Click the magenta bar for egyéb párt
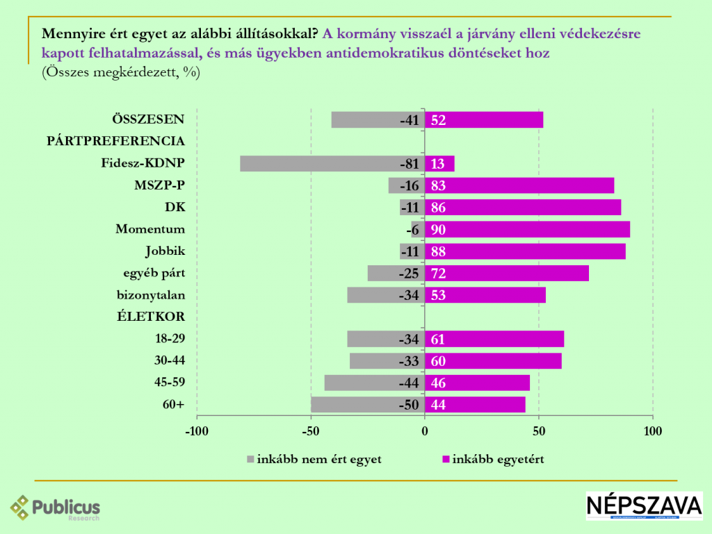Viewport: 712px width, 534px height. click(507, 273)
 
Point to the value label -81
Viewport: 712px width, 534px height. click(409, 164)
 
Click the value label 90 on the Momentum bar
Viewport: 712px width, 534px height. click(438, 230)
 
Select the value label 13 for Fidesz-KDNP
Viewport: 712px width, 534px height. click(438, 164)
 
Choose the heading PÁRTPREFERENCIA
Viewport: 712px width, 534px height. click(115, 141)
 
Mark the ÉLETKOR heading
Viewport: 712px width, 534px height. click(150, 317)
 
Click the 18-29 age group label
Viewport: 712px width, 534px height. click(170, 338)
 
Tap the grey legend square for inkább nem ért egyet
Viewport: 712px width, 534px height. click(251, 459)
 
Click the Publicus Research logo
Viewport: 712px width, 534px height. click(56, 508)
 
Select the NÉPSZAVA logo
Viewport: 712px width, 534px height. click(644, 506)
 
